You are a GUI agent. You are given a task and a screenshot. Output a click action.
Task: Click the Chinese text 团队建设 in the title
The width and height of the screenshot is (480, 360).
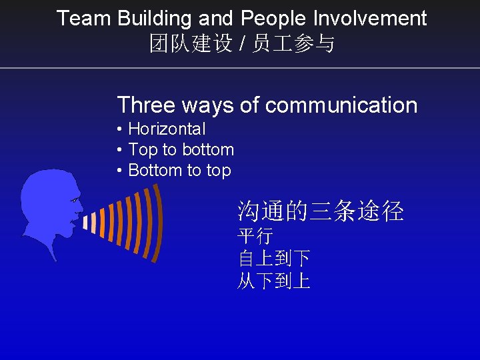[191, 45]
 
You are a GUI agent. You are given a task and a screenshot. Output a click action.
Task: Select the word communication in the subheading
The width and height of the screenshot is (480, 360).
[341, 105]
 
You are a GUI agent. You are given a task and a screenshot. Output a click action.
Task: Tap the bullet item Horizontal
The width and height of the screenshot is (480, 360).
[167, 129]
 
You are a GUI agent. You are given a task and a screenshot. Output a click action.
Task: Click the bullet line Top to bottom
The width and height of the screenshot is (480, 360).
[181, 149]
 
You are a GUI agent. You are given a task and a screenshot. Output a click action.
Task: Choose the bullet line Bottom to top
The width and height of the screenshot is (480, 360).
[179, 170]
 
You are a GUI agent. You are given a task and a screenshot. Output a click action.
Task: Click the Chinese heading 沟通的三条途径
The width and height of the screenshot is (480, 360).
[321, 211]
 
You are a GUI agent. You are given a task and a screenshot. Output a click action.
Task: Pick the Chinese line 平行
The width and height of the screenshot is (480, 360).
[255, 236]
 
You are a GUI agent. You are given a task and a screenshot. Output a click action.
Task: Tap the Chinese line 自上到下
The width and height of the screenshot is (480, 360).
[274, 258]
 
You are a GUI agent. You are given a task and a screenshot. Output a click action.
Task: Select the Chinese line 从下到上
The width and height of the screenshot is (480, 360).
[274, 281]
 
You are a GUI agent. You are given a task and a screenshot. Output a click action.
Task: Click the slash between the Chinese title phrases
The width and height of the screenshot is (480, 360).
[243, 45]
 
